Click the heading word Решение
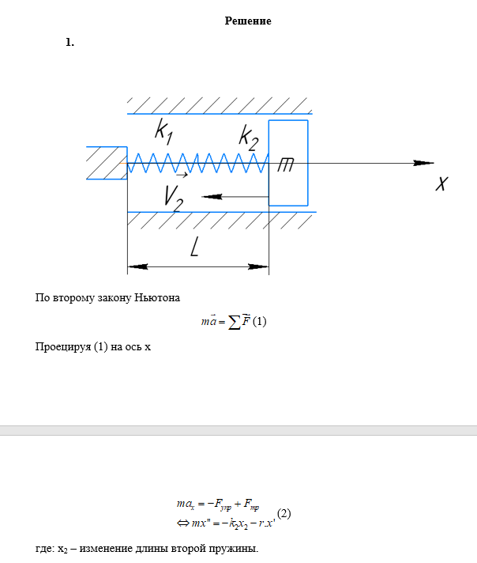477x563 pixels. (248, 21)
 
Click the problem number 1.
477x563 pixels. (70, 43)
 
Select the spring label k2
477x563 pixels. (249, 138)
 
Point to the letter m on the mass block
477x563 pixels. (286, 164)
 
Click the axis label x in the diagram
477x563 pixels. (442, 184)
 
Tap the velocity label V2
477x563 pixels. (174, 197)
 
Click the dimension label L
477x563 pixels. (194, 249)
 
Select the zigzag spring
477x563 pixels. (197, 164)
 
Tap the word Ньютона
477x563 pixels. (158, 298)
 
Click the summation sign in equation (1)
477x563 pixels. (234, 323)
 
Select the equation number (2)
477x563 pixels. (284, 513)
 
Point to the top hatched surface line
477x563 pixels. (221, 113)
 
